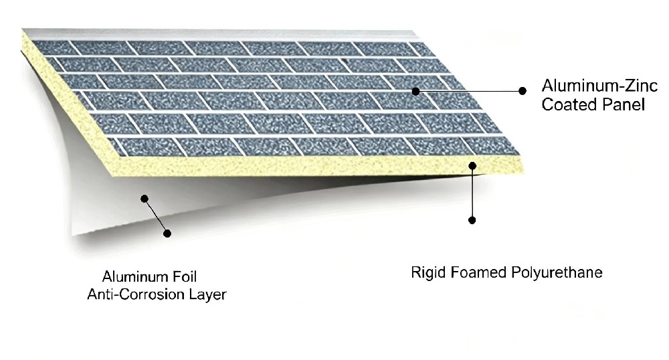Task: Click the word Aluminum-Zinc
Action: point(599,86)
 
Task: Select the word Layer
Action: point(208,294)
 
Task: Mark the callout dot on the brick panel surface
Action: point(415,91)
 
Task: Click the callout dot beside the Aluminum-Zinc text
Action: point(522,91)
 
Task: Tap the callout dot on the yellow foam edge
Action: point(472,165)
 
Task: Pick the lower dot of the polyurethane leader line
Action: point(472,220)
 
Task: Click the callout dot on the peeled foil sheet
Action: point(145,198)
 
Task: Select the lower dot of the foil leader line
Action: point(167,234)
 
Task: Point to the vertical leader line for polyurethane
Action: point(472,193)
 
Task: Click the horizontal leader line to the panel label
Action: point(469,91)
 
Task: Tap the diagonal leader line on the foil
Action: point(156,216)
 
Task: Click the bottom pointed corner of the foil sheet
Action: point(72,235)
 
